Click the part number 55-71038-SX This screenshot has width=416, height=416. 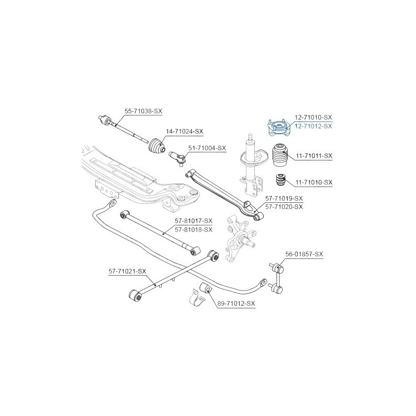tap(144, 111)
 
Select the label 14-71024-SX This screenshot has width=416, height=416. tap(185, 132)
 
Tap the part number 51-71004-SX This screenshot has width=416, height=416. tap(207, 148)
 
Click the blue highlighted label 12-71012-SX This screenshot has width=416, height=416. tap(314, 126)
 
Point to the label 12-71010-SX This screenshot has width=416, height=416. tap(314, 118)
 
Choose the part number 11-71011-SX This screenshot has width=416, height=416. tap(314, 156)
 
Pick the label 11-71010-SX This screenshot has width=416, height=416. tap(314, 183)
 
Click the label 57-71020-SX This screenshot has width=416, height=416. tap(284, 206)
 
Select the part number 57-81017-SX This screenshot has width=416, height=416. tap(193, 220)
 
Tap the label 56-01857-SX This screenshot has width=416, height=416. tap(304, 254)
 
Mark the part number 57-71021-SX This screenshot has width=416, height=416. tap(127, 271)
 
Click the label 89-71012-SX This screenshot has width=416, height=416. tap(236, 303)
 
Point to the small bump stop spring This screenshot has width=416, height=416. tap(280, 180)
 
